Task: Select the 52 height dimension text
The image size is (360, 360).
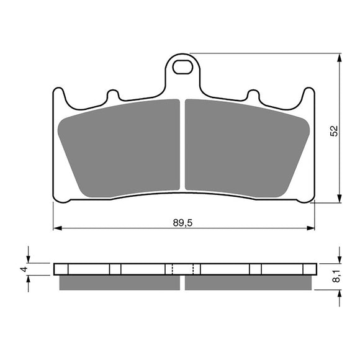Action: click(x=334, y=130)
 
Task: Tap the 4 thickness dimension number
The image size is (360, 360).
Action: click(x=22, y=269)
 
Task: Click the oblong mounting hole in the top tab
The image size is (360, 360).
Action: click(x=182, y=66)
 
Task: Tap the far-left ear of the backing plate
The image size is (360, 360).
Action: click(x=58, y=96)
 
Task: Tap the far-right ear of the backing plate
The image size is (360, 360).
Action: click(x=308, y=96)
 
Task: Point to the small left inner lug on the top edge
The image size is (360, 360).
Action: click(x=113, y=96)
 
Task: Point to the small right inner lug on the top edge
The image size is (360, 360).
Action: click(x=253, y=96)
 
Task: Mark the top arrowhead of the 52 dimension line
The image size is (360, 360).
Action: click(x=339, y=58)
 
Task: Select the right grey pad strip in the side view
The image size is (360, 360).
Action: click(x=248, y=282)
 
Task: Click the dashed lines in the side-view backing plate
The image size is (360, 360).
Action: click(x=182, y=269)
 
